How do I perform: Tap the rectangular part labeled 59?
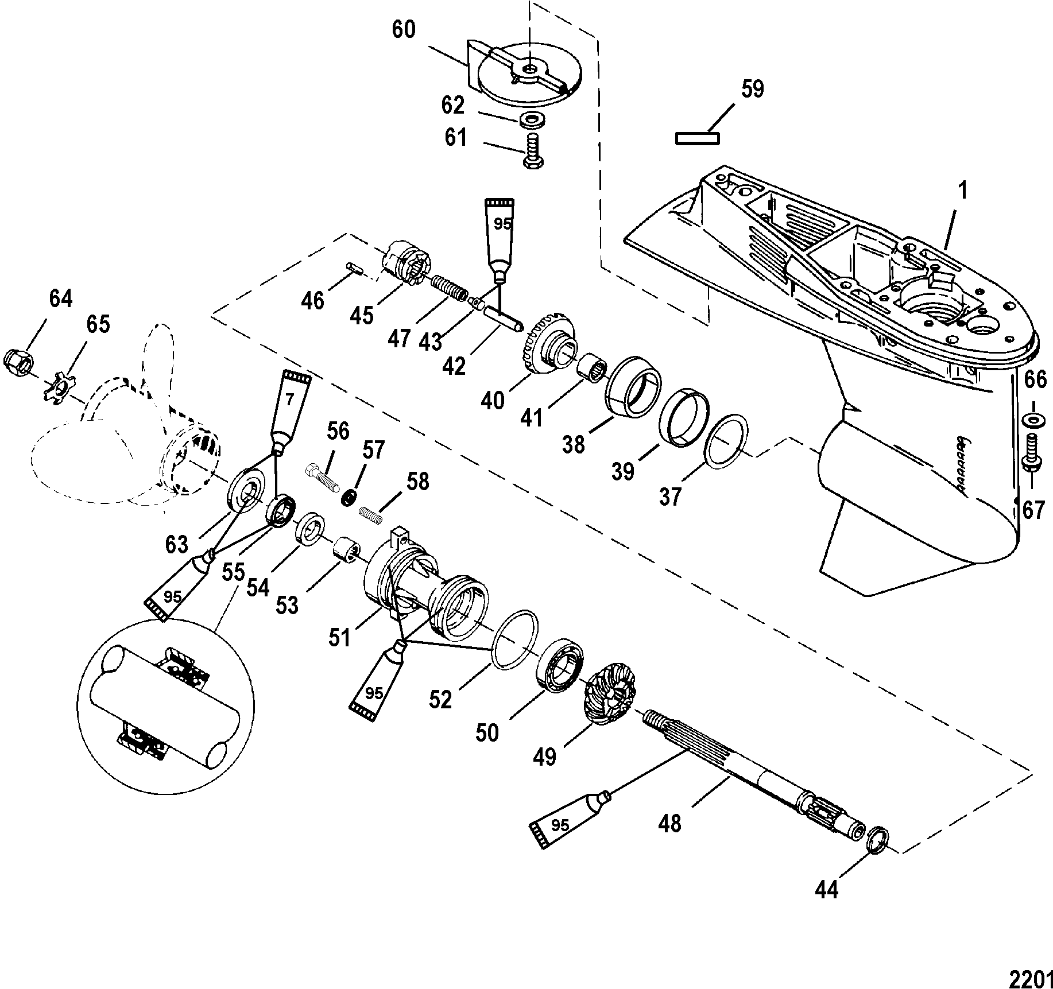click(x=698, y=138)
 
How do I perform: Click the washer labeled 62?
click(x=531, y=121)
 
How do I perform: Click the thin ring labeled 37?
click(x=726, y=441)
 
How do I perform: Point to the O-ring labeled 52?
click(x=516, y=639)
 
